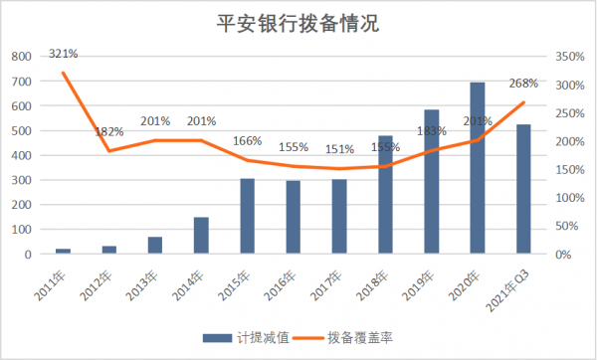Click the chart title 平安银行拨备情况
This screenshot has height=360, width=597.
click(298, 22)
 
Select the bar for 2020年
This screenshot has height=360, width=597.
click(478, 168)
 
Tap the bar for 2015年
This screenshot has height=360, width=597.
click(247, 216)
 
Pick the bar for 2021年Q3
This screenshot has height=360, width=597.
click(523, 189)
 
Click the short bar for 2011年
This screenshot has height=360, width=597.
click(63, 251)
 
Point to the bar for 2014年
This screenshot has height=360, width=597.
click(201, 235)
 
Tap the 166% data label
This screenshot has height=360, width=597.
click(247, 141)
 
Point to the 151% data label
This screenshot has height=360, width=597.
click(339, 149)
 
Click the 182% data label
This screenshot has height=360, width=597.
click(108, 131)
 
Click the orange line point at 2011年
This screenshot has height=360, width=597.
click(63, 73)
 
